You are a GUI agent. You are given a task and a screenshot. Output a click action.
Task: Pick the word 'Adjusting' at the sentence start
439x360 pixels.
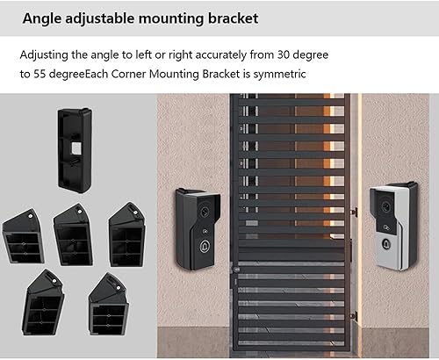(45, 54)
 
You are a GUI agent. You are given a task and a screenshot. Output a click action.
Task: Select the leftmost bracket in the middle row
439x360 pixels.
(23, 234)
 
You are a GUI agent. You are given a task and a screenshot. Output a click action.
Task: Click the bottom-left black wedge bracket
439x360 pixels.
(44, 299)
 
